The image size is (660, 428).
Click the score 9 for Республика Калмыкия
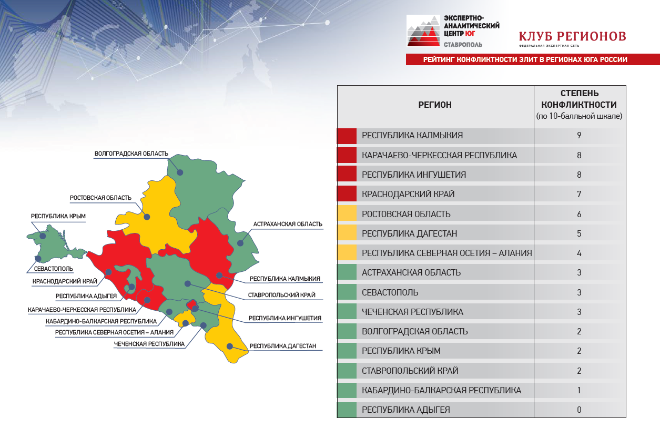579,136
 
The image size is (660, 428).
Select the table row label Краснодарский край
408,194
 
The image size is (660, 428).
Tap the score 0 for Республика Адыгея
579,410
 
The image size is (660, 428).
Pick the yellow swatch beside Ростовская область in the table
347,213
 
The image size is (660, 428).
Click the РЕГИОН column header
435,105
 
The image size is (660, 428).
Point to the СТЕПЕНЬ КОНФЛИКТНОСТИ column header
579,99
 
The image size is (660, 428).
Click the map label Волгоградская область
131,154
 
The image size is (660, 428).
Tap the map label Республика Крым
58,216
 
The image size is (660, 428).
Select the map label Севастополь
53,269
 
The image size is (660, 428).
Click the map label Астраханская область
288,224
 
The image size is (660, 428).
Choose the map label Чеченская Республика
149,344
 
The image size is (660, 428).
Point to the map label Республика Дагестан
283,346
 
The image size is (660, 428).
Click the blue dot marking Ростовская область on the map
147,217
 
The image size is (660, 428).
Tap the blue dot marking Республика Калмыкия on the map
219,276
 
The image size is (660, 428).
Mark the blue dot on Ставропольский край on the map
188,283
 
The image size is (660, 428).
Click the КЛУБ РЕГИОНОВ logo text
572,36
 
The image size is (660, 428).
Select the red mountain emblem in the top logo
423,31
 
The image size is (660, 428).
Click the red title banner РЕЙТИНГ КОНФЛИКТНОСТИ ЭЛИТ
533,59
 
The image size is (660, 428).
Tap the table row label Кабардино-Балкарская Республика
441,390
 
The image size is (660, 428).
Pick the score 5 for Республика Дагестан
579,233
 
